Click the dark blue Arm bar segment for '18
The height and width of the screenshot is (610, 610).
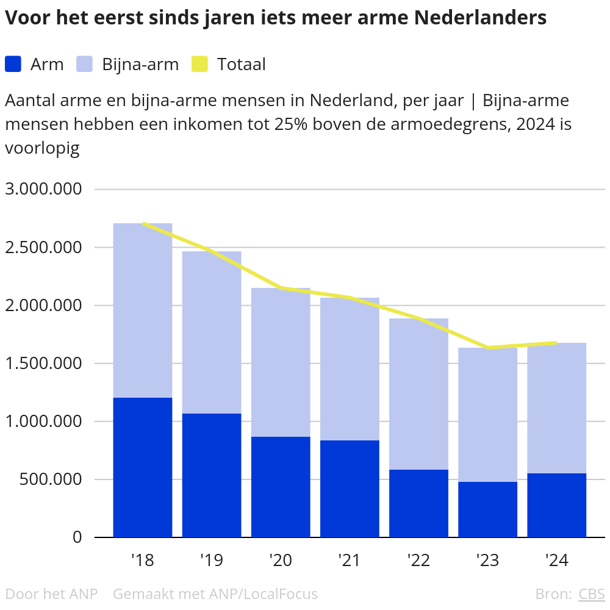point(143,467)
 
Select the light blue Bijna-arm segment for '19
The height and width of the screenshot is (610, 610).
point(212,332)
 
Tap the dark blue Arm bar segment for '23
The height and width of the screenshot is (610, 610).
point(487,509)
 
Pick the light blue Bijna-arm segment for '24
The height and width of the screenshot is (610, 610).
point(556,408)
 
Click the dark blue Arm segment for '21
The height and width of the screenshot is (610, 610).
point(350,489)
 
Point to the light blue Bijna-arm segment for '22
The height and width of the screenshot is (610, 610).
point(418,394)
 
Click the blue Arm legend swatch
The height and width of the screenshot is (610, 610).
point(13,64)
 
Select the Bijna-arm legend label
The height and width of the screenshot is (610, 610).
point(140,64)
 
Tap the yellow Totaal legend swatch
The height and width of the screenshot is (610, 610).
point(200,64)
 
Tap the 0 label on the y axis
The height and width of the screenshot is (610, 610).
point(77,537)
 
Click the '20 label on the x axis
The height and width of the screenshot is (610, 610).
point(281,560)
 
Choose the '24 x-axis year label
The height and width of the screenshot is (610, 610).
point(556,560)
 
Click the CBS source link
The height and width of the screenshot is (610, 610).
point(591,594)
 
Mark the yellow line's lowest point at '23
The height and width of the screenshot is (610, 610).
point(487,348)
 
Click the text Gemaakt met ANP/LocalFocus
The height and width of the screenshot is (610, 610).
point(215,594)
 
